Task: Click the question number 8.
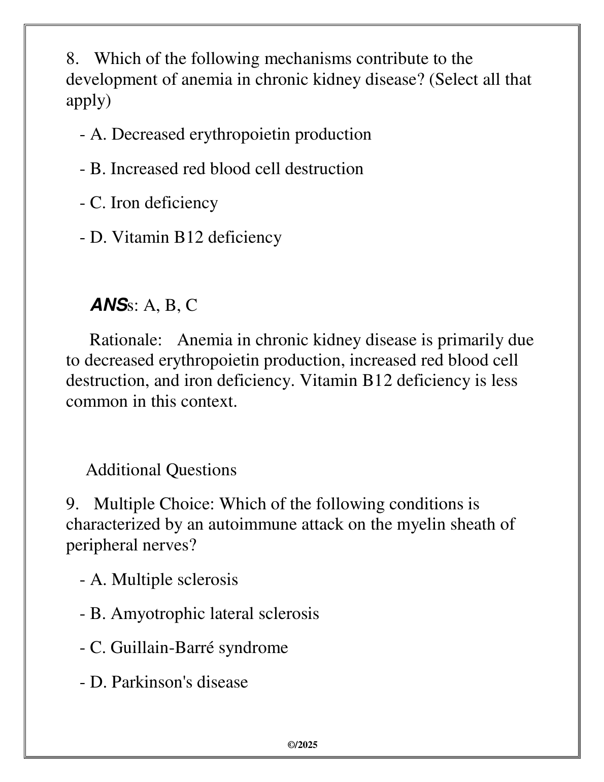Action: tap(72, 59)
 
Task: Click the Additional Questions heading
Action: tap(161, 470)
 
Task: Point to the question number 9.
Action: tap(72, 504)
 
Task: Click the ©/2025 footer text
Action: tap(303, 745)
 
